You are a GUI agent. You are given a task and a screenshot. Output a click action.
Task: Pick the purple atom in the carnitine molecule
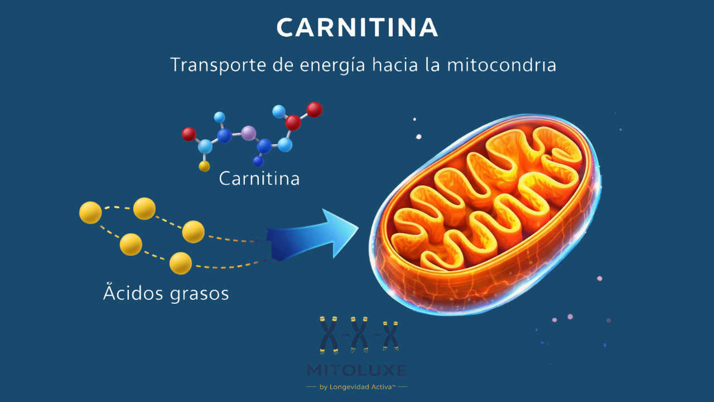[249, 133]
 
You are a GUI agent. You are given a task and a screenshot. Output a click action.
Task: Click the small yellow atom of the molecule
[205, 166]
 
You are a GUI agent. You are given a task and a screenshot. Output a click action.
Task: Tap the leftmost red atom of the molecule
[189, 134]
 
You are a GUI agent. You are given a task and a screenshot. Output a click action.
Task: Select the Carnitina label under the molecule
[259, 179]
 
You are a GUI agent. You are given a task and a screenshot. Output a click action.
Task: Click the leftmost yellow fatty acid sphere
[90, 213]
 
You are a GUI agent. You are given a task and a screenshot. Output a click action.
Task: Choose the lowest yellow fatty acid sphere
[181, 264]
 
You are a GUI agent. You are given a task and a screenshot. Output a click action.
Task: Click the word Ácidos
[131, 293]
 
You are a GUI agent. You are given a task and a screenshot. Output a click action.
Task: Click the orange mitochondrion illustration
[484, 212]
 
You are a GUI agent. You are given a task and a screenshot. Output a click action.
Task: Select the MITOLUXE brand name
[357, 370]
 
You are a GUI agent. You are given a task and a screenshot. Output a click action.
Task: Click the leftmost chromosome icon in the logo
[329, 334]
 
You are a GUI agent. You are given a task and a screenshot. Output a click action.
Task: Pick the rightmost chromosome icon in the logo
[391, 335]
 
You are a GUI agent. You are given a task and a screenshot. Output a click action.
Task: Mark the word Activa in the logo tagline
[382, 387]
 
